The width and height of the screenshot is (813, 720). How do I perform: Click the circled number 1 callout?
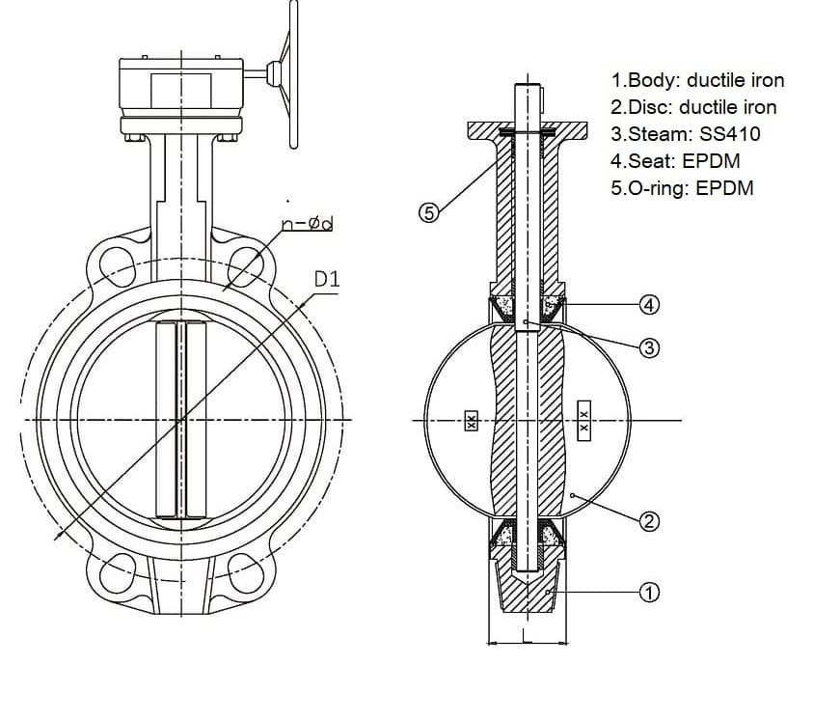click(x=650, y=592)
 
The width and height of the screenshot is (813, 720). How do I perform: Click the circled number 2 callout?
click(x=650, y=521)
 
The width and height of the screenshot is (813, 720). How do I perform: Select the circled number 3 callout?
click(x=650, y=347)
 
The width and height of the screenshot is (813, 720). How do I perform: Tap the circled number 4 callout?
click(x=650, y=305)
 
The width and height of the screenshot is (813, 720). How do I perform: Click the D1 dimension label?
click(x=328, y=281)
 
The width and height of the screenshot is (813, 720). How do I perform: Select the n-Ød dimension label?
click(x=308, y=225)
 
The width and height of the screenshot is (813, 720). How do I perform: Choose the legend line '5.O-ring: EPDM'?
click(x=682, y=187)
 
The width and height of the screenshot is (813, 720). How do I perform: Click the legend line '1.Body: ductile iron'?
click(x=697, y=80)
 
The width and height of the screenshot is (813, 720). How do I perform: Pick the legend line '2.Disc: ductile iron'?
click(x=692, y=107)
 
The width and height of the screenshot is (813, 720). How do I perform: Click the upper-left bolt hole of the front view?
click(x=114, y=263)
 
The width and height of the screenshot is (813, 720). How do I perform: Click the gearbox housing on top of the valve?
click(x=180, y=87)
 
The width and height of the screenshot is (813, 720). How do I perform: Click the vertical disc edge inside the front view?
click(x=180, y=420)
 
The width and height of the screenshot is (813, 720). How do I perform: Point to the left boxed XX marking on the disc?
click(x=471, y=421)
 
